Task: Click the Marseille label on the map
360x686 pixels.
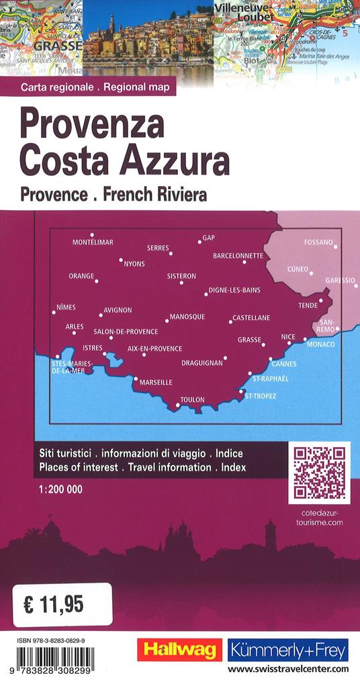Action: pos(156,383)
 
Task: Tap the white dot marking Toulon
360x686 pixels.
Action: pos(178,405)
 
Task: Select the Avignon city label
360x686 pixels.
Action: pos(118,310)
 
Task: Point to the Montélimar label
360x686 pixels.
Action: pos(93,242)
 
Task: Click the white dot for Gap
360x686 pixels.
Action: pos(200,242)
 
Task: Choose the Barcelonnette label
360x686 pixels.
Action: pos(238,256)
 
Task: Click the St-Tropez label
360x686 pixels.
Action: pos(261,396)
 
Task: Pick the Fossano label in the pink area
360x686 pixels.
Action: pos(318,242)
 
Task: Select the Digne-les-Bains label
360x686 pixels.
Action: pos(235,290)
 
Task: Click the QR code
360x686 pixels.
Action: pos(320,473)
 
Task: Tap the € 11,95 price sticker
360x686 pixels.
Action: pos(62,605)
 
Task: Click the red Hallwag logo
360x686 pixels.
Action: pos(179,650)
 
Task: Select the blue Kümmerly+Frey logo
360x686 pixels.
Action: pos(288,650)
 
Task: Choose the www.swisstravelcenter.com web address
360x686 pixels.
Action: pos(288,669)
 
